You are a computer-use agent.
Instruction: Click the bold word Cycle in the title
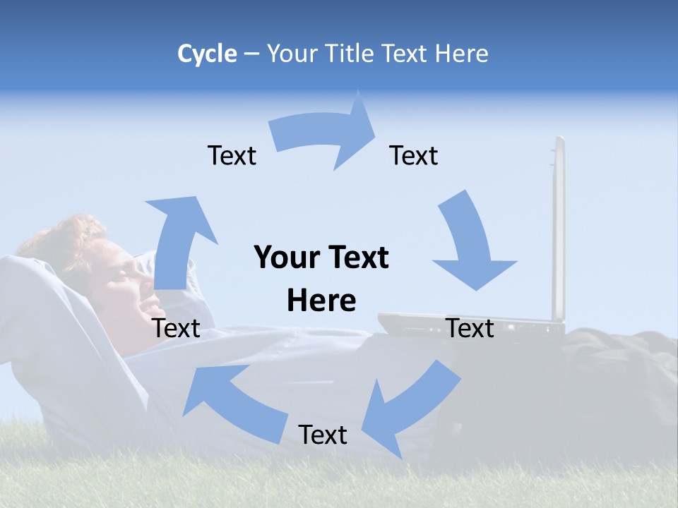pos(207,54)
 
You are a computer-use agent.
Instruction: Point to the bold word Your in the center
pos(287,258)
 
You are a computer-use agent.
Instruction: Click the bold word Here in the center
pos(321,301)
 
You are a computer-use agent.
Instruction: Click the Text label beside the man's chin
pos(177,328)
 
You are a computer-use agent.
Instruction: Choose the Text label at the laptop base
pos(470,328)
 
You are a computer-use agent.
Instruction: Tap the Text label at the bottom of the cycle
pos(323,435)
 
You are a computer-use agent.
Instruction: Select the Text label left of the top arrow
pos(232,155)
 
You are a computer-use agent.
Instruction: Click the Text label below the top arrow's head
pos(414,155)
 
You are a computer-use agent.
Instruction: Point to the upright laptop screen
pos(559,226)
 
